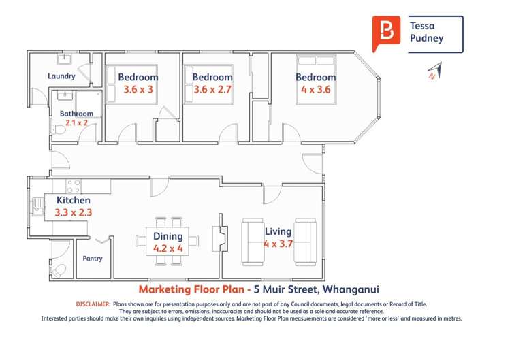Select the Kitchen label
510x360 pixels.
pos(73,200)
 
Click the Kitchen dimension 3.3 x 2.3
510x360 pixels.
pos(73,212)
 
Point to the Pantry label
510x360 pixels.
pos(93,259)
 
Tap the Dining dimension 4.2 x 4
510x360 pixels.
pos(168,248)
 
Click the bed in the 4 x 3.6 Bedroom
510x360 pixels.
pos(315,80)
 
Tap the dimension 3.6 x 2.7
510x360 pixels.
pos(212,89)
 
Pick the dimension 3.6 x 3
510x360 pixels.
pos(138,89)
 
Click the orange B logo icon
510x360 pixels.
pos(386,32)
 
